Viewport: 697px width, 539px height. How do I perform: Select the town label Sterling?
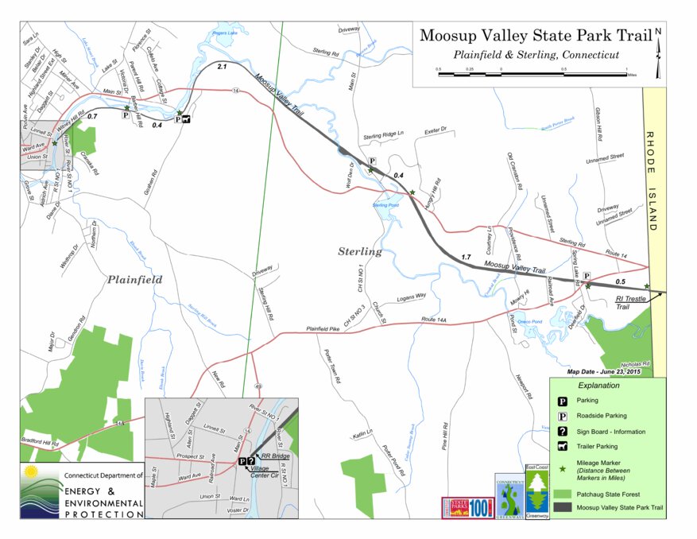click(x=360, y=251)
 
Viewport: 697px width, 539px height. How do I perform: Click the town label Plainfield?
click(x=135, y=280)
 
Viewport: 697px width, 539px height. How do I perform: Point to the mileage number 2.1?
click(x=222, y=66)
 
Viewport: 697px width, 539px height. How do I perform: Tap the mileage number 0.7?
click(x=91, y=117)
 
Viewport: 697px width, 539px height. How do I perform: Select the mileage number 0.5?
click(x=620, y=281)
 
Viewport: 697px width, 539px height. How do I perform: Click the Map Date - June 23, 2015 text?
click(x=603, y=371)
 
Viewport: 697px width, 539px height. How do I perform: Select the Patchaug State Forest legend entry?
click(x=610, y=493)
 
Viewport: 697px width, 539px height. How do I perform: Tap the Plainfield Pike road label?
click(x=327, y=328)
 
